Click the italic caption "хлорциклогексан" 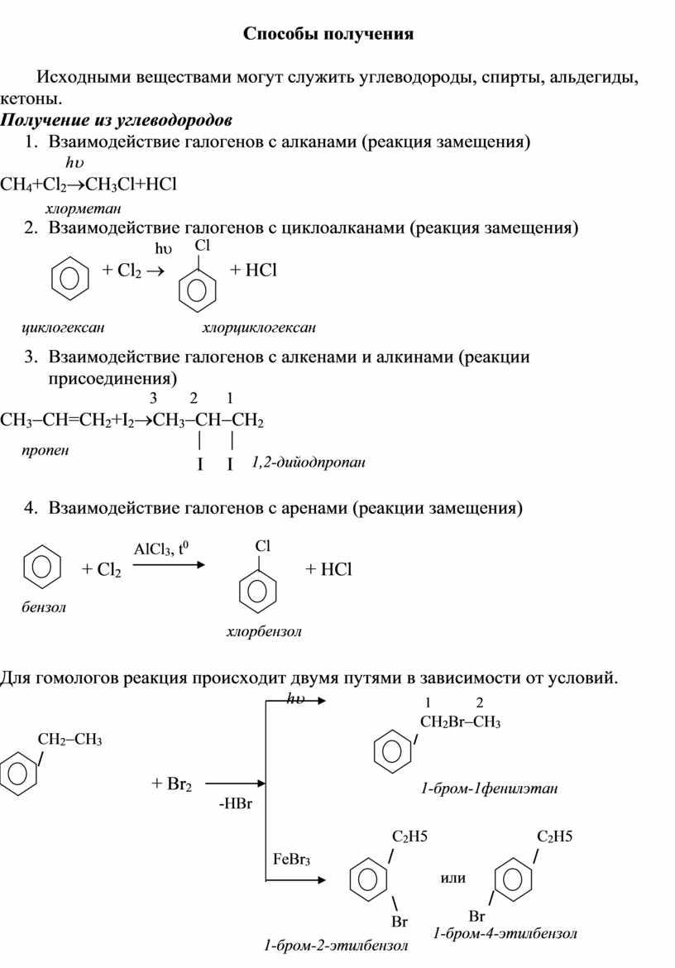259,328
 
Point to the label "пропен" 46,451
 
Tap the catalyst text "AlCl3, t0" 161,549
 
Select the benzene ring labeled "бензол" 41,568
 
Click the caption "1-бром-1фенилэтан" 489,789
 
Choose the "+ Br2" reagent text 172,784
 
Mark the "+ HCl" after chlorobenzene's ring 328,569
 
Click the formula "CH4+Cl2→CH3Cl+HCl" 89,182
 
